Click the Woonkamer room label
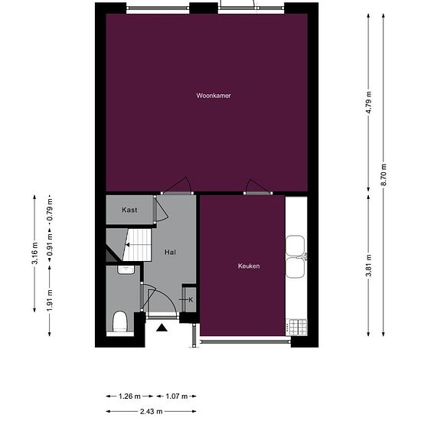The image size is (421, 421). (214, 96)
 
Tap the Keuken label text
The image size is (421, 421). (249, 266)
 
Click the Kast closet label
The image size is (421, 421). (129, 210)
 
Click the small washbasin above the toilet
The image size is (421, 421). (126, 269)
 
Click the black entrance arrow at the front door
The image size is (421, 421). (162, 328)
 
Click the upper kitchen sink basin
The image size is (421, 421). (295, 245)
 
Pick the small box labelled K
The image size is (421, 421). (190, 299)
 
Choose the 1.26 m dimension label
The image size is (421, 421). (130, 397)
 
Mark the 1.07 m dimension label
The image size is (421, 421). (176, 397)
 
